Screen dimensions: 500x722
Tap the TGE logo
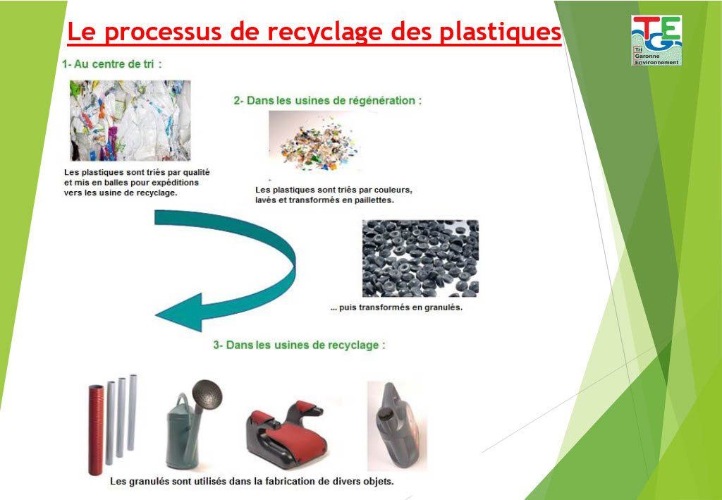coord(656,40)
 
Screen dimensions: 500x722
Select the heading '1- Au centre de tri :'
coord(112,64)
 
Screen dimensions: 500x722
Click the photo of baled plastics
coord(130,120)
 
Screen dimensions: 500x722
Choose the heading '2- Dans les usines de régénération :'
coord(328,101)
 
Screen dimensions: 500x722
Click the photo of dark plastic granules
coord(420,258)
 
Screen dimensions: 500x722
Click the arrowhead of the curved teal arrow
coord(176,314)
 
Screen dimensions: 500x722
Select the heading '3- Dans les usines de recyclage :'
coord(299,346)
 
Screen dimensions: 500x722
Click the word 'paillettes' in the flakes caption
coord(372,200)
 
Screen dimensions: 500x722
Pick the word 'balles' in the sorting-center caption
coord(116,182)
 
